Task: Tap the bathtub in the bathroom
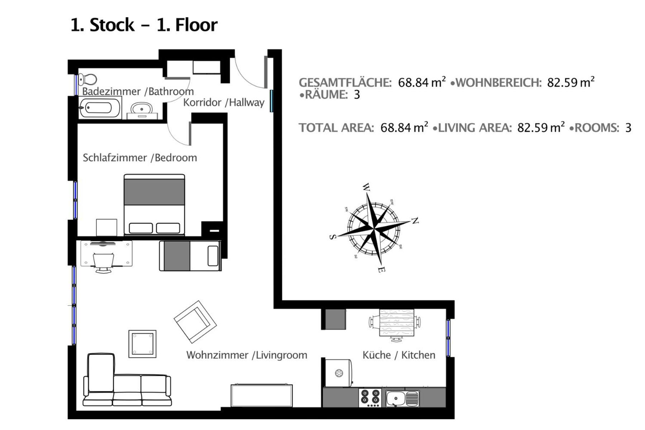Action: (x=100, y=107)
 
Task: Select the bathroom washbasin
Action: (x=142, y=109)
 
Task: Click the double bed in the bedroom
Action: (x=154, y=205)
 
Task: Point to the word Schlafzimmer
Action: (x=115, y=158)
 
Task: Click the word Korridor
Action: (x=202, y=102)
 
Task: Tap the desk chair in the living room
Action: (x=104, y=263)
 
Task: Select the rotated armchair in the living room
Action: (x=195, y=322)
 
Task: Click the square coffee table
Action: (x=142, y=344)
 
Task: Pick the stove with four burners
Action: (x=370, y=397)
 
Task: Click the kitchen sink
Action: (x=402, y=398)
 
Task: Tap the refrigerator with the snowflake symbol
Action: (x=339, y=373)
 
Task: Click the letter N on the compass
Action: (x=415, y=220)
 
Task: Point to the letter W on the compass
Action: (x=366, y=187)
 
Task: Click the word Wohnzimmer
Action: (x=217, y=355)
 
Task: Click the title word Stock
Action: (x=112, y=25)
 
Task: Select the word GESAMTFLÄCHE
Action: (x=345, y=82)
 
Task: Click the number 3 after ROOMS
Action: (x=628, y=128)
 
